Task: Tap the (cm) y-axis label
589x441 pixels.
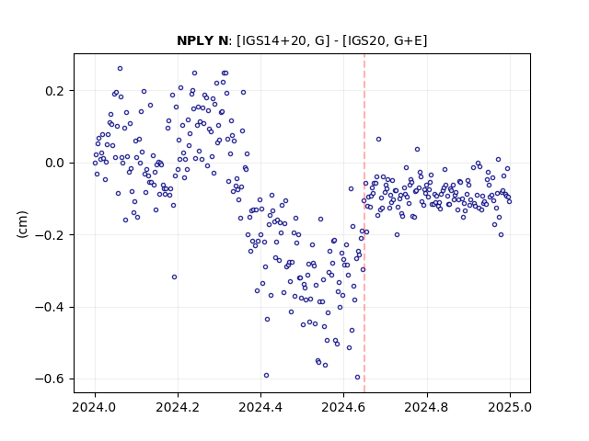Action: (x=22, y=224)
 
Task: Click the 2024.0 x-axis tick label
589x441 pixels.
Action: (x=94, y=407)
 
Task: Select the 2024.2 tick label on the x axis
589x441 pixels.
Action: (x=178, y=407)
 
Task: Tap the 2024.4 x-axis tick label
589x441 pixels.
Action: (x=260, y=407)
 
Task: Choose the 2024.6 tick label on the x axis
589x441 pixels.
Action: (x=343, y=407)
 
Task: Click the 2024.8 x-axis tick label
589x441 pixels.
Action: (x=426, y=407)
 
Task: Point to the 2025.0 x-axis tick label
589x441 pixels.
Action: (x=510, y=407)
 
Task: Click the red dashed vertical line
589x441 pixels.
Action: (x=364, y=223)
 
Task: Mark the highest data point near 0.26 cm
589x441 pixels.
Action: (x=120, y=69)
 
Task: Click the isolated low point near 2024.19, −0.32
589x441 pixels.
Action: (x=174, y=277)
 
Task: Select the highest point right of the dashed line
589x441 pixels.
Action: (x=378, y=139)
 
